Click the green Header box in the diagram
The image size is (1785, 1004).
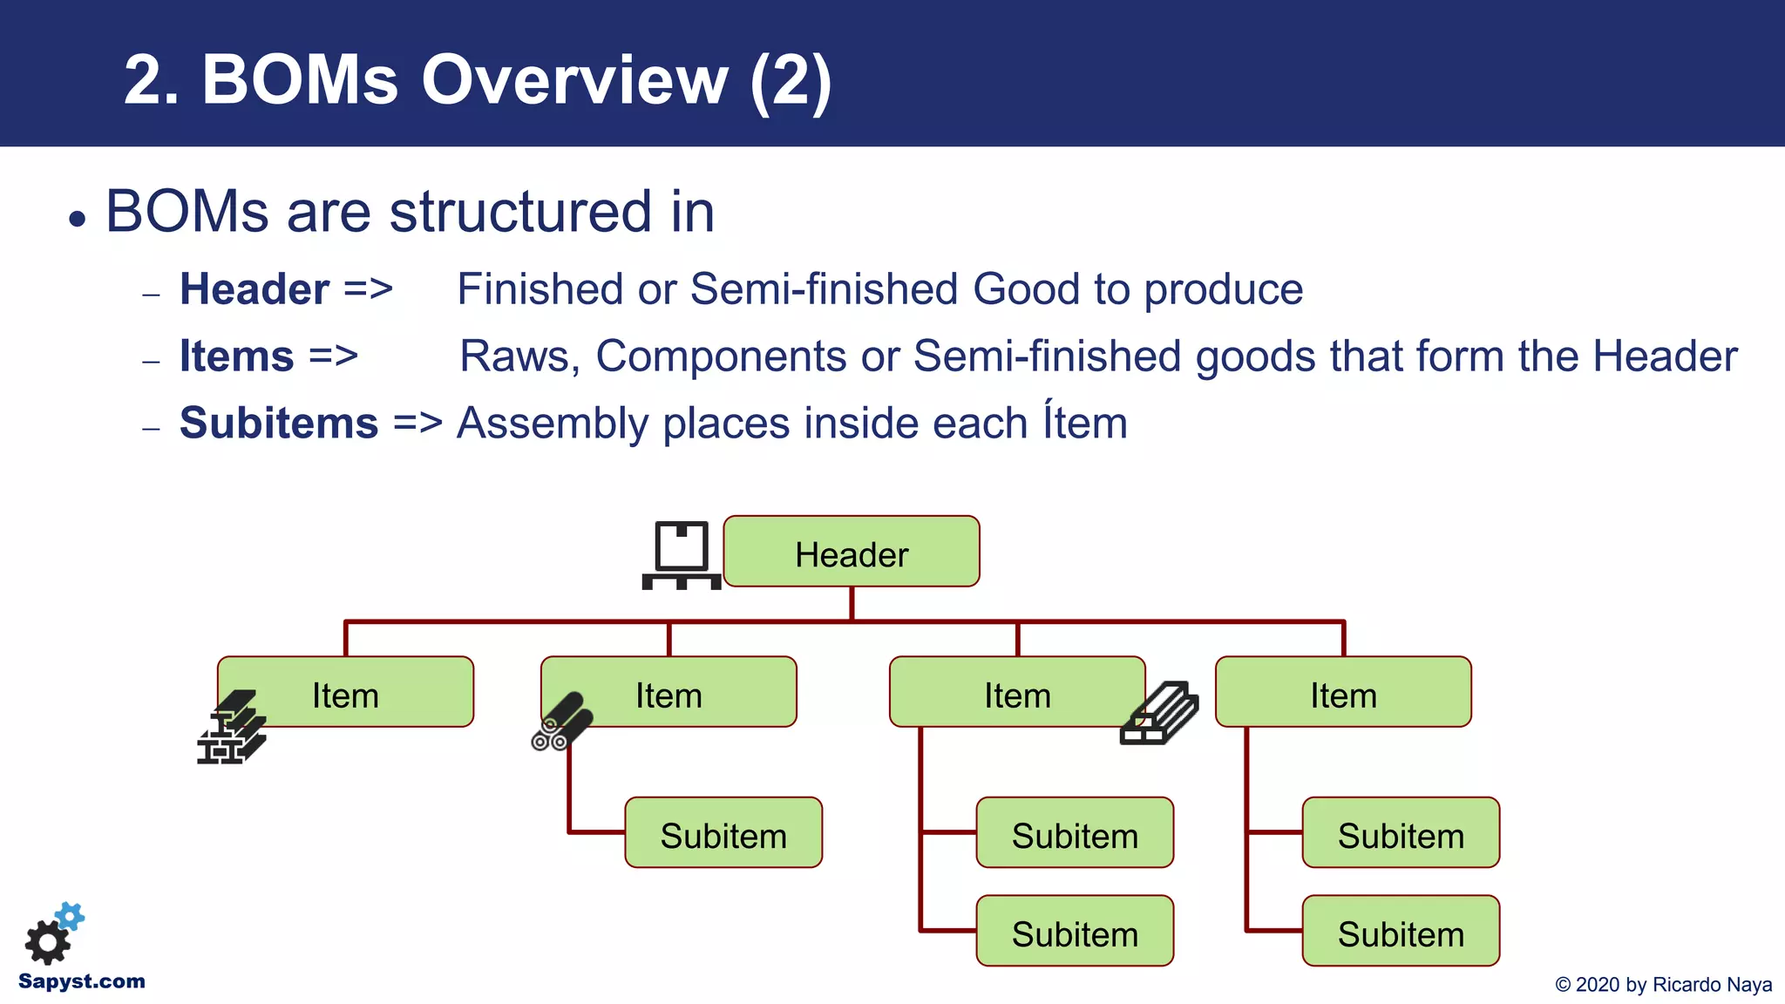pyautogui.click(x=852, y=552)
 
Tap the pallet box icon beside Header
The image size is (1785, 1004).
pyautogui.click(x=681, y=555)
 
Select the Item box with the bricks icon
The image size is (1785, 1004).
pyautogui.click(x=345, y=693)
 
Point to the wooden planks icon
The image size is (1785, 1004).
pyautogui.click(x=1159, y=713)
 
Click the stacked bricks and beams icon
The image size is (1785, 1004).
pyautogui.click(x=231, y=728)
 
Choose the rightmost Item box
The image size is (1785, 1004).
pyautogui.click(x=1342, y=693)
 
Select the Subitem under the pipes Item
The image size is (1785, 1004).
pyautogui.click(x=723, y=833)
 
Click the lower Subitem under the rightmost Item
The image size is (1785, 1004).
pyautogui.click(x=1401, y=932)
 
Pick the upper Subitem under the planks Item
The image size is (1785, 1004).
pyautogui.click(x=1075, y=833)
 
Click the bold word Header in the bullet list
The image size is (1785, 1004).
pyautogui.click(x=254, y=289)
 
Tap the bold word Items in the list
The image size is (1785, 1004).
pyautogui.click(x=236, y=356)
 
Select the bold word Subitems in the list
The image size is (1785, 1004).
pyautogui.click(x=279, y=424)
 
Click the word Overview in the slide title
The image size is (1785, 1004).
pyautogui.click(x=574, y=80)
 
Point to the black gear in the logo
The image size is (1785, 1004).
pyautogui.click(x=47, y=942)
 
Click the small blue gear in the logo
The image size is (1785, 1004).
pyautogui.click(x=71, y=916)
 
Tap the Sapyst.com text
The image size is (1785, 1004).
pyautogui.click(x=82, y=981)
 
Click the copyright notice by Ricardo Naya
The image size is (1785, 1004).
pyautogui.click(x=1663, y=985)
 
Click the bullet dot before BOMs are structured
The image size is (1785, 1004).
pyautogui.click(x=78, y=219)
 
